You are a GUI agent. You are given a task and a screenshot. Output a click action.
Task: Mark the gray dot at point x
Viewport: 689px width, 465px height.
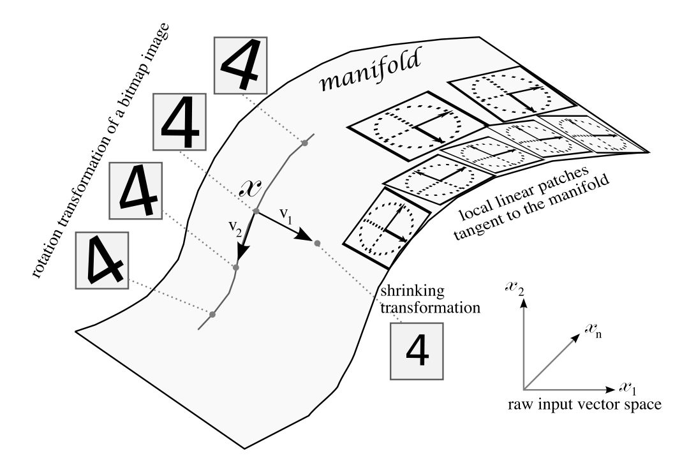click(x=255, y=211)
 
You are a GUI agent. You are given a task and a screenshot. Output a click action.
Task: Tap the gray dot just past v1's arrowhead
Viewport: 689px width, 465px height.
click(x=316, y=242)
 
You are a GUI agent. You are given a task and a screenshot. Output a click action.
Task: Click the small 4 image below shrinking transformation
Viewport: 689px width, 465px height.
click(x=415, y=348)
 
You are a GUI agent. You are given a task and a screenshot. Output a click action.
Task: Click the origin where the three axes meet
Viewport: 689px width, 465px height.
click(x=524, y=389)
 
